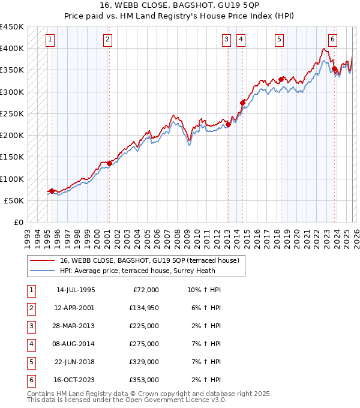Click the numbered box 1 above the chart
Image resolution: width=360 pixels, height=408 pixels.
49,40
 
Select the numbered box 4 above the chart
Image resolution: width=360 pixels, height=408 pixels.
241,40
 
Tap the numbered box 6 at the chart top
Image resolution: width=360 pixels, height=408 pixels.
332,40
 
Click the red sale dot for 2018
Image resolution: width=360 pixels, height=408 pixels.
281,79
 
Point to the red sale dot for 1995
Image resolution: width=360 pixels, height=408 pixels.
52,191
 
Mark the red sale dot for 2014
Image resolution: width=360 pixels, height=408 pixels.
242,103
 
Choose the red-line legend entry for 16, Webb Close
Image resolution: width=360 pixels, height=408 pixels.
150,260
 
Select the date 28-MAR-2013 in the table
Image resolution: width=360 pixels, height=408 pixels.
75,326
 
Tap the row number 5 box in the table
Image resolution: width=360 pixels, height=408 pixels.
31,362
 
